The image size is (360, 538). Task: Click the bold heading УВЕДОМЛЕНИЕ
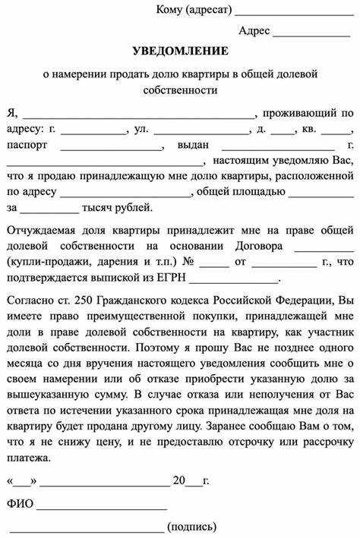point(179,51)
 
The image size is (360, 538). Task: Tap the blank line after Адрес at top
point(311,33)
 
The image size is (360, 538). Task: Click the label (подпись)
point(192,526)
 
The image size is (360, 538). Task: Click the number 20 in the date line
point(179,480)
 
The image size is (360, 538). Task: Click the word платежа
point(28,458)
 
